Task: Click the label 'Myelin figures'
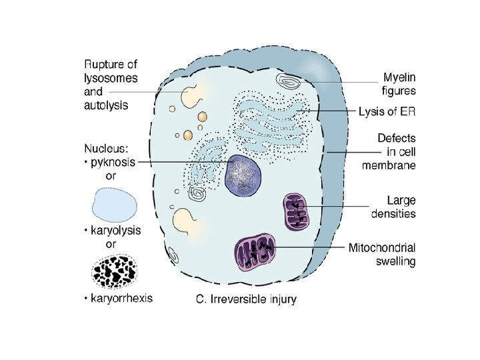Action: [399, 83]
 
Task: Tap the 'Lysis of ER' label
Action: [387, 111]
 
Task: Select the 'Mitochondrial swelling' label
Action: [382, 254]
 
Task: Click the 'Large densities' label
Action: [393, 206]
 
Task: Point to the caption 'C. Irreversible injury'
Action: [246, 299]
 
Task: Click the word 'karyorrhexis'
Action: [125, 297]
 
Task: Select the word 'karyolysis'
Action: [117, 231]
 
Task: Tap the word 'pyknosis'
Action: [115, 163]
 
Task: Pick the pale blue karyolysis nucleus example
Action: [115, 204]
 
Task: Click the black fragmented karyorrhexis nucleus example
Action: [114, 271]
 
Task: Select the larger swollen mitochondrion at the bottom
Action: [255, 251]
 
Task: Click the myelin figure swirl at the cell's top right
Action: [291, 83]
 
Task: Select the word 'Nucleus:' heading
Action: [110, 149]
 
